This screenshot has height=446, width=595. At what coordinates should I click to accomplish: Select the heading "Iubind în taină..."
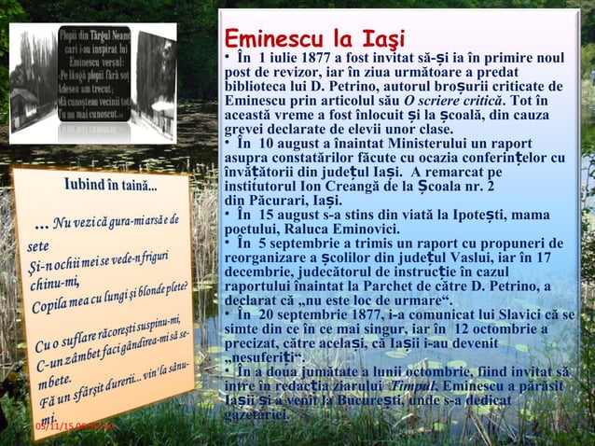pyautogui.click(x=111, y=184)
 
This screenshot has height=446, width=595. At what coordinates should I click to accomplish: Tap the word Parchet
pyautogui.click(x=441, y=286)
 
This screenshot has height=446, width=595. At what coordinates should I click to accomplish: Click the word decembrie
pyautogui.click(x=260, y=272)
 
